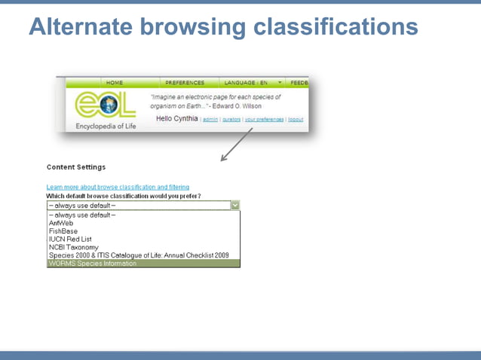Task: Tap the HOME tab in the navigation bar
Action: click(x=115, y=83)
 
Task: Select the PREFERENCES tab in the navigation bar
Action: click(x=185, y=83)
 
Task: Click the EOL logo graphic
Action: click(x=105, y=106)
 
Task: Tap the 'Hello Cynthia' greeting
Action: click(x=177, y=119)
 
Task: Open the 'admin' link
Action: click(x=210, y=120)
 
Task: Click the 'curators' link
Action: click(x=231, y=120)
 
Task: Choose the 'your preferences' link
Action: click(x=264, y=120)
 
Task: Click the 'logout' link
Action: click(x=296, y=120)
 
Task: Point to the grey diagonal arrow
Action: click(x=234, y=148)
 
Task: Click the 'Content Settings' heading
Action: click(x=76, y=167)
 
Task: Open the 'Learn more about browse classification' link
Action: click(x=118, y=187)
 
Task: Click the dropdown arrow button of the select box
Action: click(x=234, y=205)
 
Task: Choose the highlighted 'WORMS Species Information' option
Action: click(x=92, y=264)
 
